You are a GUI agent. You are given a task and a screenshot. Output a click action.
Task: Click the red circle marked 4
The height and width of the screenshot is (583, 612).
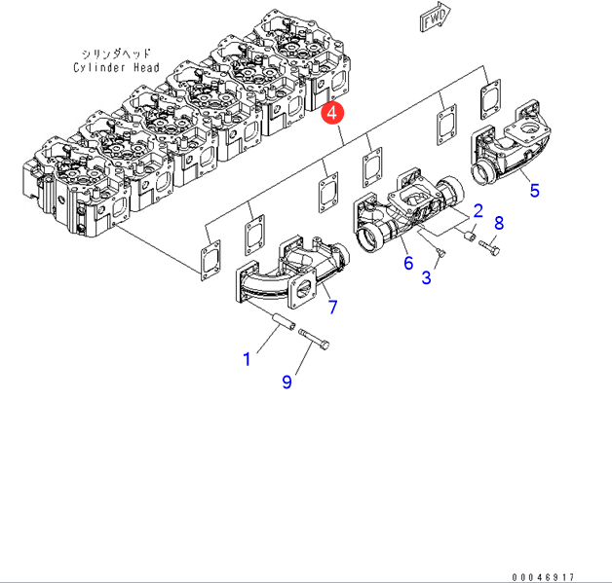(332, 113)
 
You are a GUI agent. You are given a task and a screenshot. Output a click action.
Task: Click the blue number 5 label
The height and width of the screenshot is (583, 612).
(534, 190)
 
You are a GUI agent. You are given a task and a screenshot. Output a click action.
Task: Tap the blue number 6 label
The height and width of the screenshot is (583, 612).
(407, 262)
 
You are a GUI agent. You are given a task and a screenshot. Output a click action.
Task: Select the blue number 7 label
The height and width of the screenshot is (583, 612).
(332, 308)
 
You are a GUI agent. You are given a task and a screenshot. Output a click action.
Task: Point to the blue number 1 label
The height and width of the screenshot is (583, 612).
(247, 359)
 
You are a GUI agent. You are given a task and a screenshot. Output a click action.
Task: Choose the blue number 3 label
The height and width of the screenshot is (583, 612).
(426, 278)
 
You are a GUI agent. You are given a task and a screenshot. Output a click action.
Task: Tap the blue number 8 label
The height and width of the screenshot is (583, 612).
(499, 223)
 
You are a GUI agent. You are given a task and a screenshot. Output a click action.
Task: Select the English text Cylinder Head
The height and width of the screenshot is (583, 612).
(114, 67)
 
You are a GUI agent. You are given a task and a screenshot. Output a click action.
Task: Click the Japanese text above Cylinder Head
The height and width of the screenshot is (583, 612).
(114, 53)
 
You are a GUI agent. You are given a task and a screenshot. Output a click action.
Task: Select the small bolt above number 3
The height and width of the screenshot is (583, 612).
(441, 254)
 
